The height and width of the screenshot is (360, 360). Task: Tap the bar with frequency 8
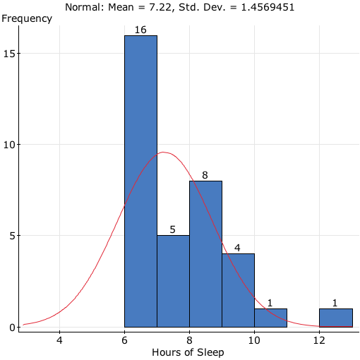click(x=205, y=254)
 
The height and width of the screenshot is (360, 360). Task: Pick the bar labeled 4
click(x=238, y=290)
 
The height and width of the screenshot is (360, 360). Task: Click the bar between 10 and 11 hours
click(x=270, y=318)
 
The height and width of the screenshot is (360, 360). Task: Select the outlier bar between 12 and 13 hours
click(x=335, y=318)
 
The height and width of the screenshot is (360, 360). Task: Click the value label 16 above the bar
click(x=140, y=30)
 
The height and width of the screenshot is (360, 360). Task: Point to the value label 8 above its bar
click(x=205, y=175)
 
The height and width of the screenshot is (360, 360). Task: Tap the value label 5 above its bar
click(x=173, y=230)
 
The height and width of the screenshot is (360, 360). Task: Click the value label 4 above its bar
click(x=238, y=248)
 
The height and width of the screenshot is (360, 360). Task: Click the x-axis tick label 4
click(x=59, y=340)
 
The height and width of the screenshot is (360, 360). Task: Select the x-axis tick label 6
click(x=124, y=340)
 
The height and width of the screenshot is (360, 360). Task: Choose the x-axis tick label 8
click(x=189, y=340)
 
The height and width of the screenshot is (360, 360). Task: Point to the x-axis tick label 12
click(x=319, y=340)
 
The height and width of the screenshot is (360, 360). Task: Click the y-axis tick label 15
click(x=13, y=54)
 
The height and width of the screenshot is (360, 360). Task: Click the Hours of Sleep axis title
click(x=188, y=352)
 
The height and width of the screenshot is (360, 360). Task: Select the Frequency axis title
click(x=26, y=18)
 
